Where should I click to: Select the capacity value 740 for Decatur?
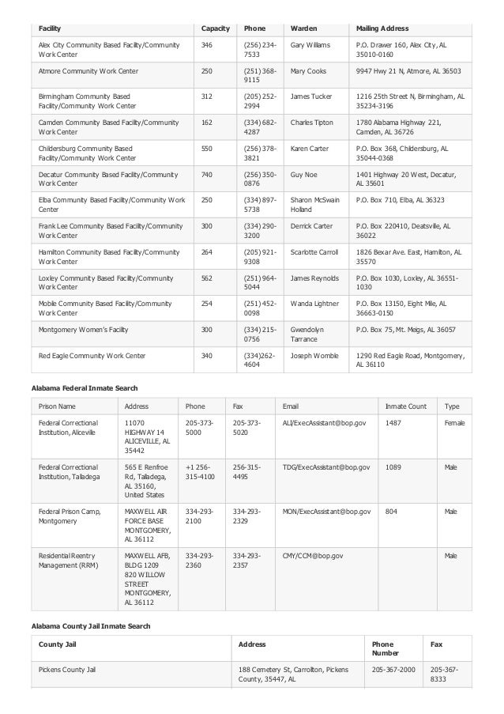[x=207, y=174]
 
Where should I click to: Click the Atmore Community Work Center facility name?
[x=88, y=71]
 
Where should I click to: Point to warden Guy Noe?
[x=303, y=174]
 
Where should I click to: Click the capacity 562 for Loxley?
[x=207, y=278]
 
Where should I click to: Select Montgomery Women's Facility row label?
[x=84, y=329]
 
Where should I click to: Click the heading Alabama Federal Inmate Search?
[x=85, y=388]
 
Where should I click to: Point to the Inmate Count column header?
[x=405, y=406]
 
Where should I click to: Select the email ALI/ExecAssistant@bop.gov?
[x=325, y=424]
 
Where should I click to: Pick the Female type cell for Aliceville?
[x=454, y=424]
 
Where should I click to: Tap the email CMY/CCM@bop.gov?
[x=313, y=556]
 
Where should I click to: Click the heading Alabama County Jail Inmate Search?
[x=91, y=626]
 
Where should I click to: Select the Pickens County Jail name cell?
[x=67, y=670]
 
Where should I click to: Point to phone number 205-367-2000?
[x=393, y=670]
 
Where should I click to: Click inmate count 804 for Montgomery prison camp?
[x=391, y=512]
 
